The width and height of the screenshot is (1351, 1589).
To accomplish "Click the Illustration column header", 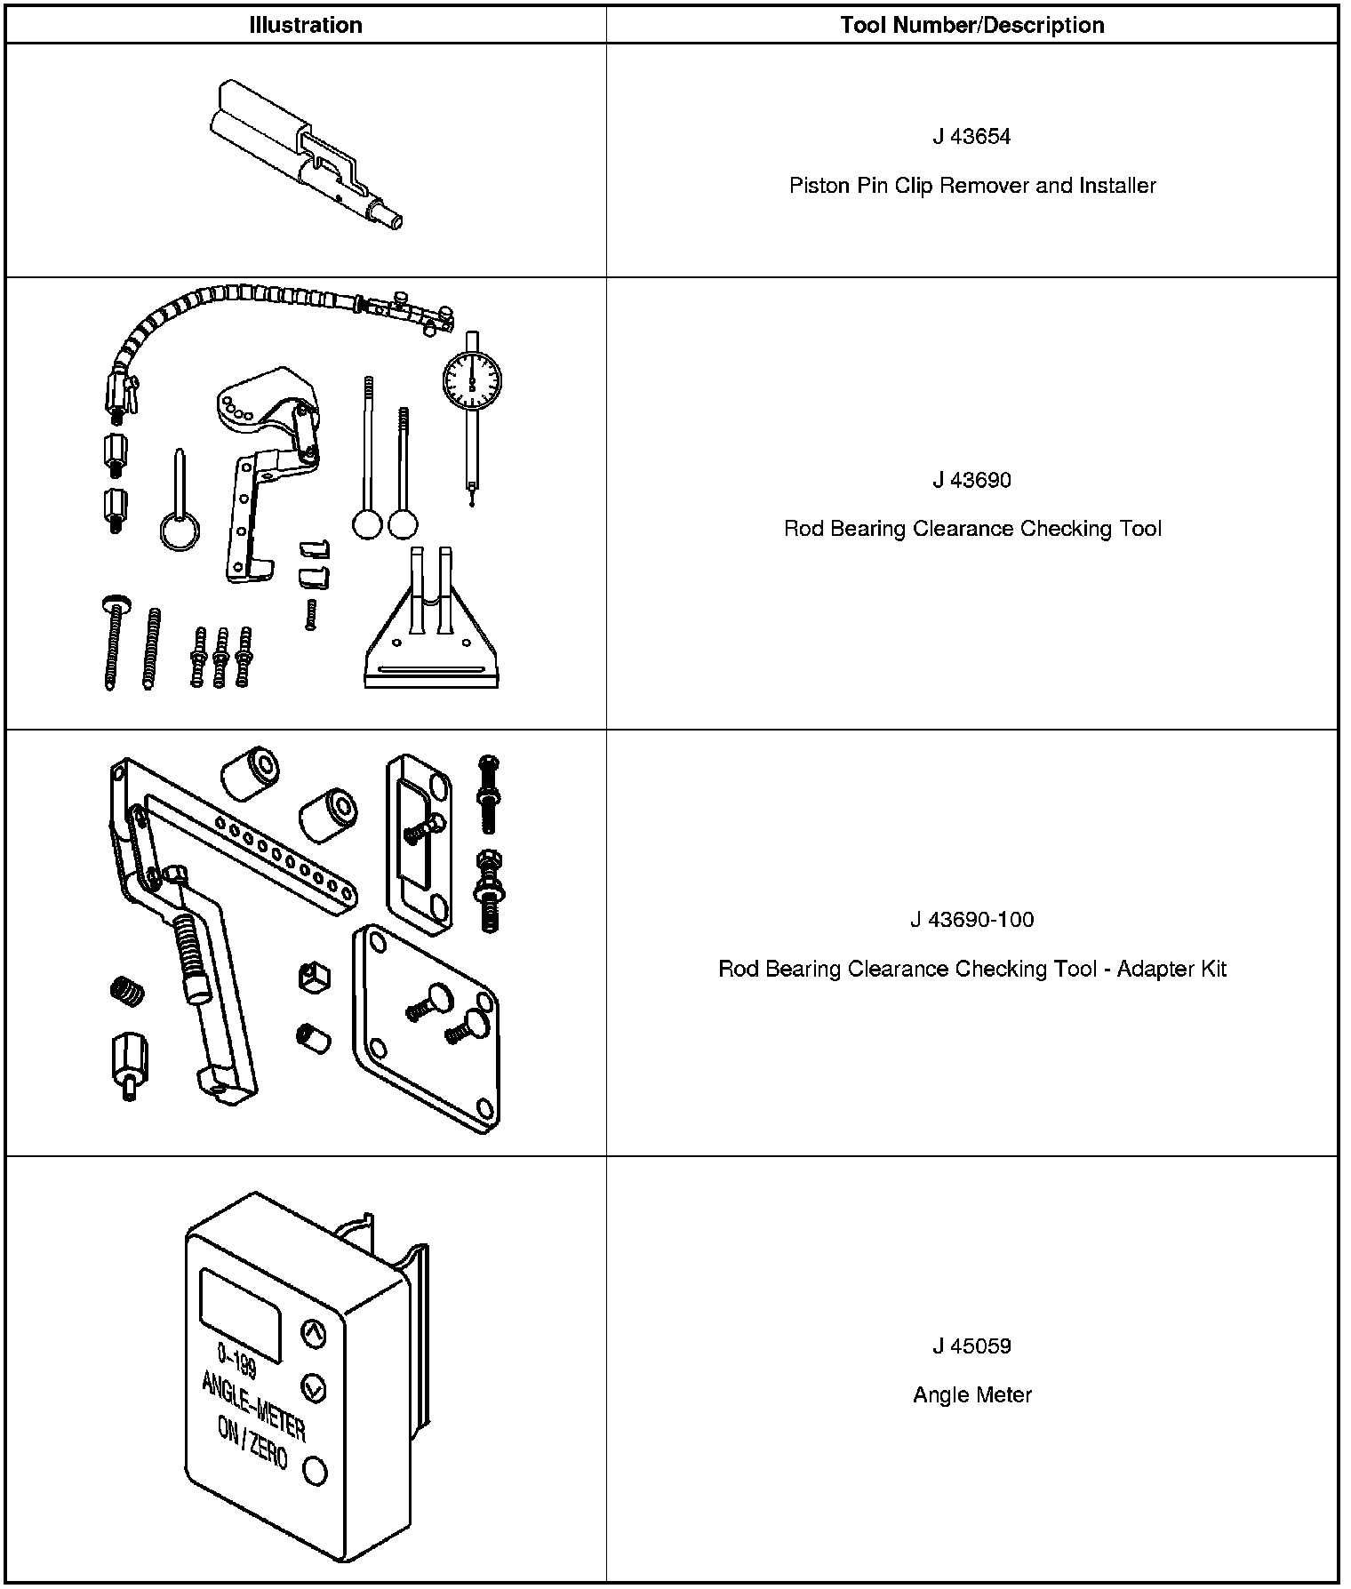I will pos(306,25).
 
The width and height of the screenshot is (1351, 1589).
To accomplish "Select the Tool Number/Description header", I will pos(972,25).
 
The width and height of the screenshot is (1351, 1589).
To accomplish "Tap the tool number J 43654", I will pos(972,137).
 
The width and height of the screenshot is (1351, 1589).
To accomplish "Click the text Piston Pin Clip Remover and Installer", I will pos(972,186).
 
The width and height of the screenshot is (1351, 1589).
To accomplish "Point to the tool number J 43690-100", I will pos(972,920).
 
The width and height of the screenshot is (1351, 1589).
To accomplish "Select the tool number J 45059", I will pos(972,1346).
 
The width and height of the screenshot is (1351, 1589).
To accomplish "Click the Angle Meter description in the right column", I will pos(972,1395).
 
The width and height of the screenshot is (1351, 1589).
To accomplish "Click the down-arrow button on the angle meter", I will pos(314,1387).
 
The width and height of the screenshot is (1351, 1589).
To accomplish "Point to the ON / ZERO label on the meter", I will pos(252,1445).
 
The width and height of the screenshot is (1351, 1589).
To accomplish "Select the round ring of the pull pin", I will pos(180,532).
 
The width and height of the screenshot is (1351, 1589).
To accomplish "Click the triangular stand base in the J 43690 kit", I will pos(430,649).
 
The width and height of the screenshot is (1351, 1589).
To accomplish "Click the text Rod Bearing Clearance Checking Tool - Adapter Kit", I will pos(972,969).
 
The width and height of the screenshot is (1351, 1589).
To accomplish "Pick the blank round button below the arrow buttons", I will pos(315,1471).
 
